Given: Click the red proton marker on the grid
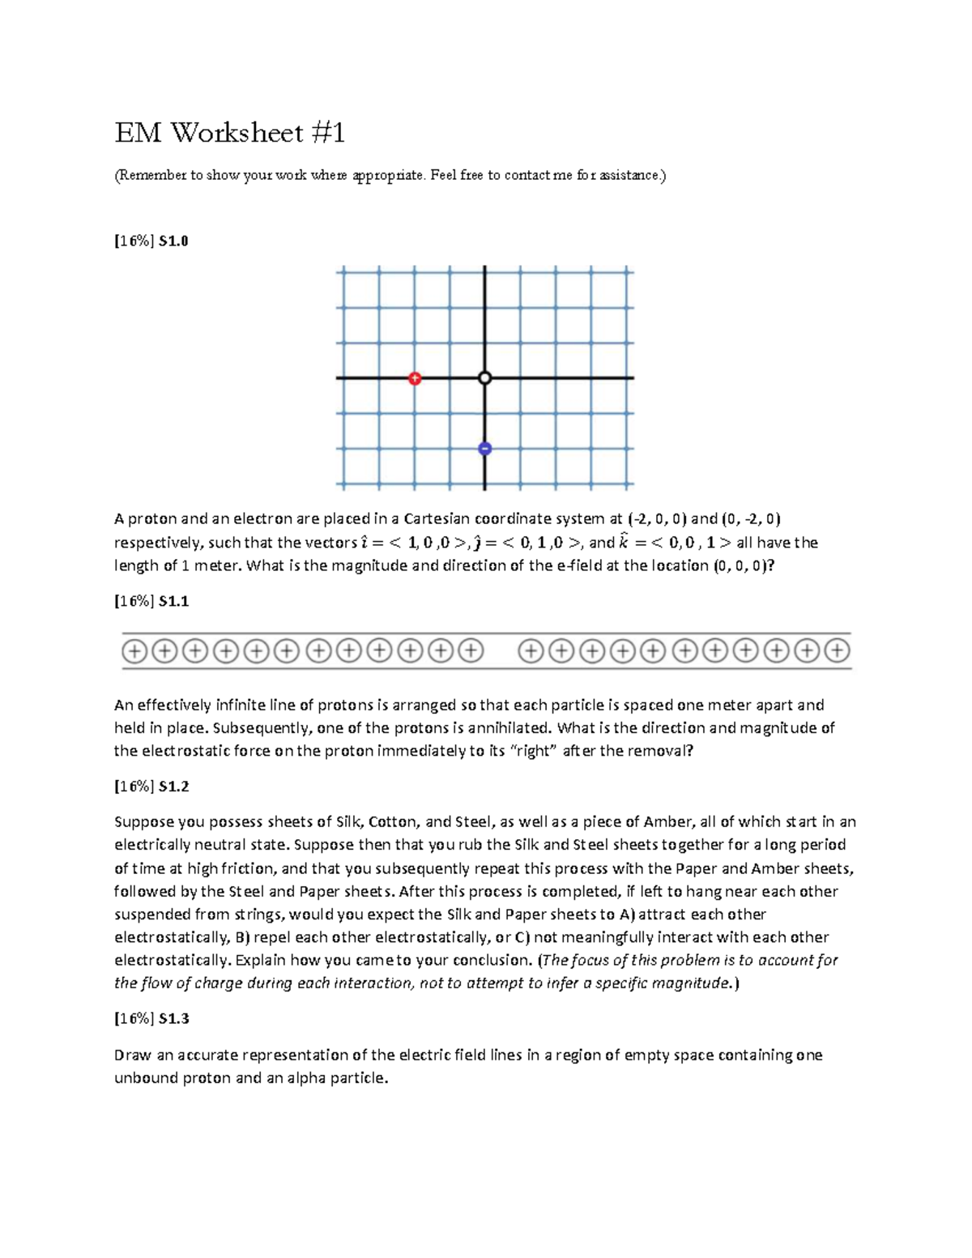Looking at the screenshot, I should [x=415, y=378].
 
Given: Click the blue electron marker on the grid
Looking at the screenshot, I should [x=484, y=449].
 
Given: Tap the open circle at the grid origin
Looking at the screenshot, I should [x=484, y=378].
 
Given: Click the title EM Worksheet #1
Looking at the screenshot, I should [x=229, y=132].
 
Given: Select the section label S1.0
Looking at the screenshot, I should [x=173, y=241].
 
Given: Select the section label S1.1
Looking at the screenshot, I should [x=173, y=601].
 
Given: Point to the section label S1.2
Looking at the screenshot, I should [x=173, y=786].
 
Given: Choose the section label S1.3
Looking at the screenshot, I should [x=173, y=1018].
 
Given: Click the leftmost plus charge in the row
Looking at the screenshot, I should [x=134, y=650].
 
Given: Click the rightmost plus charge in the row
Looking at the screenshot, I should [x=838, y=650].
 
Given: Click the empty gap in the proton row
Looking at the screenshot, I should [x=501, y=650].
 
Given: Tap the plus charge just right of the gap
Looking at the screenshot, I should [x=531, y=650].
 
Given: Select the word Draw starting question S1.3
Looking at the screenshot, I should [x=132, y=1055].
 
